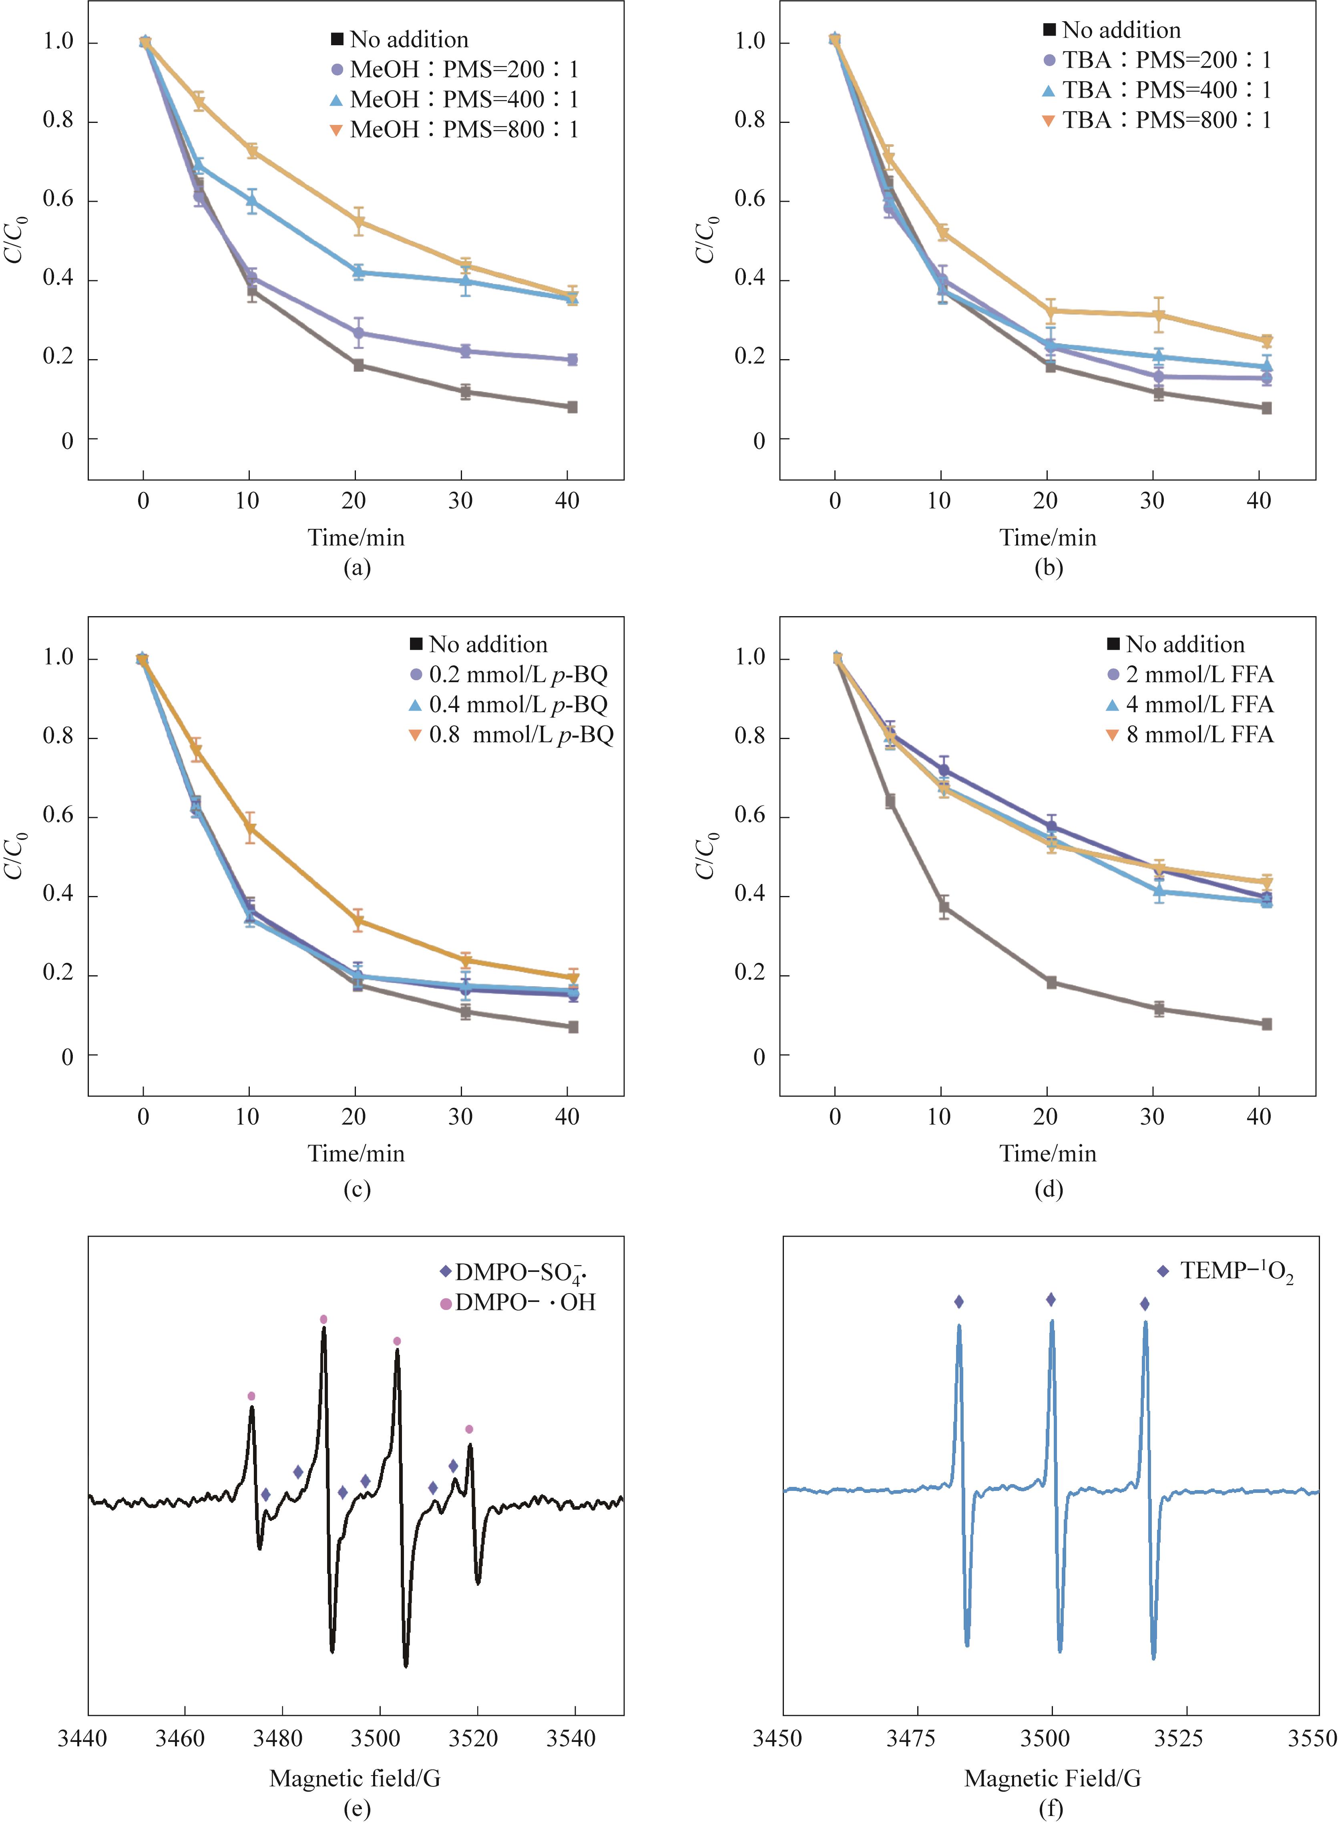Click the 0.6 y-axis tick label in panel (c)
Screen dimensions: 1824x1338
pos(58,816)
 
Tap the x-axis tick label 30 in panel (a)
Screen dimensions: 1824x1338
pos(460,500)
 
